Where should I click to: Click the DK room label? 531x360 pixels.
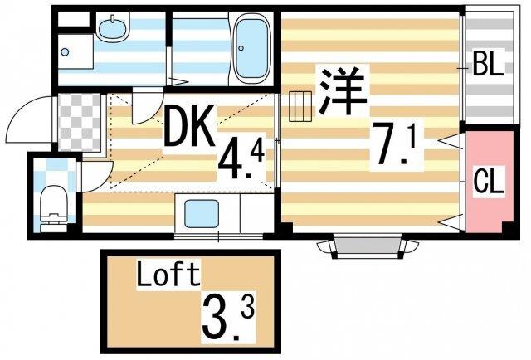[189, 127]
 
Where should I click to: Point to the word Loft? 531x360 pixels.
[168, 274]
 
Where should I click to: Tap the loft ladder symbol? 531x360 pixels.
[299, 106]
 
